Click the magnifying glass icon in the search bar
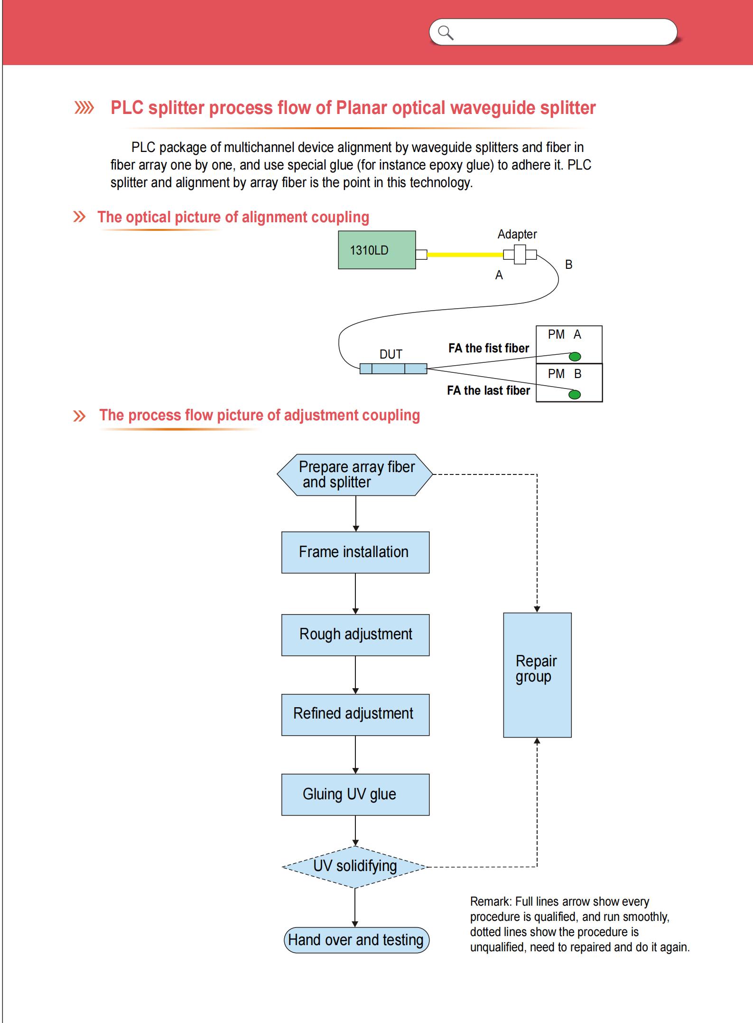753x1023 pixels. point(446,33)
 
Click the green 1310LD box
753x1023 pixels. point(377,250)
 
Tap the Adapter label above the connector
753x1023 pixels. point(517,234)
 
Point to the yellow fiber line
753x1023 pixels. point(465,255)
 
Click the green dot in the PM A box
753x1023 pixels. point(575,356)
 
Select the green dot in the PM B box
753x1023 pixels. point(575,394)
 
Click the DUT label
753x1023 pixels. point(390,354)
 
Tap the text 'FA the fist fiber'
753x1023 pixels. point(488,348)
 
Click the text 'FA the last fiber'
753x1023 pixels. point(488,390)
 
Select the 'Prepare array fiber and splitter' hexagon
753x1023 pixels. point(355,474)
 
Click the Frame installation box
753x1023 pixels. point(355,552)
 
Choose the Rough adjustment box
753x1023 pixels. point(355,635)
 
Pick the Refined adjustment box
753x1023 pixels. point(355,715)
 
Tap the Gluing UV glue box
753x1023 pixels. point(355,795)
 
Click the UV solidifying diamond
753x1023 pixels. point(355,867)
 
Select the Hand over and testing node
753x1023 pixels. point(356,940)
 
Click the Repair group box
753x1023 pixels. point(537,675)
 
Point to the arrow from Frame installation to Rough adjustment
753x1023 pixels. point(355,594)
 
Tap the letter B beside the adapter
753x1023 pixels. point(568,265)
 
